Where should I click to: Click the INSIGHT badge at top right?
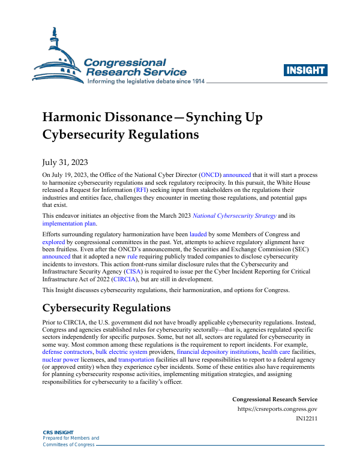pyautogui.click(x=306, y=70)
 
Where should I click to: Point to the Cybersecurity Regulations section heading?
pyautogui.click(x=106, y=308)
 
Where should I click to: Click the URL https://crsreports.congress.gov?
pyautogui.click(x=278, y=409)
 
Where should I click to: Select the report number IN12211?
pyautogui.click(x=307, y=419)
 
